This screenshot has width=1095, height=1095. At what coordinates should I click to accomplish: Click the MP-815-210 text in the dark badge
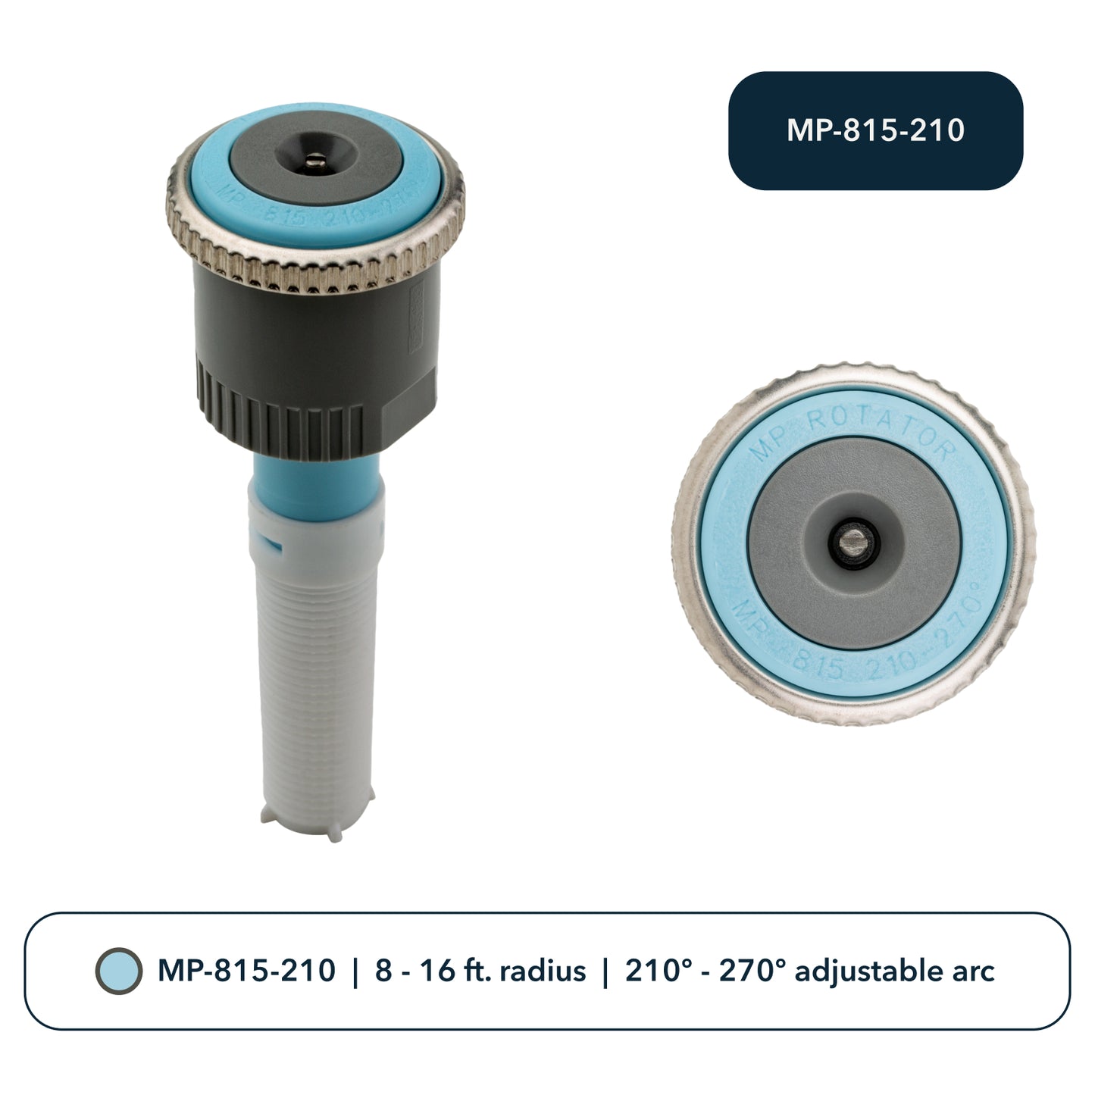[x=875, y=130]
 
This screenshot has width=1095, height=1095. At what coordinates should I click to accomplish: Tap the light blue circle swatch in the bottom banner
[x=119, y=971]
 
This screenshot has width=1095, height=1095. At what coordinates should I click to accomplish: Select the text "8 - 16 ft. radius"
[x=480, y=971]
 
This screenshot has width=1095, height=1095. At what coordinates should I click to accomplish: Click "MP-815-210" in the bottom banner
[x=246, y=971]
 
